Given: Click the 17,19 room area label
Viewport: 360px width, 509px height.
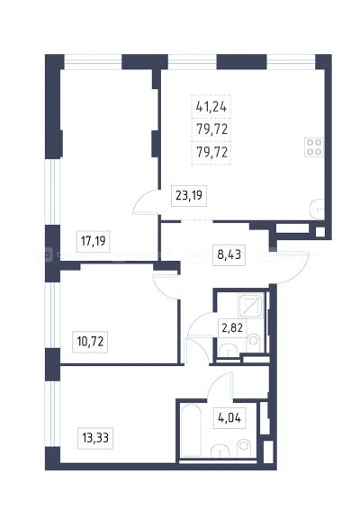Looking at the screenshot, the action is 94,241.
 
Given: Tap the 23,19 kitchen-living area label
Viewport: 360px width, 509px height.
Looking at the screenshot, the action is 189,195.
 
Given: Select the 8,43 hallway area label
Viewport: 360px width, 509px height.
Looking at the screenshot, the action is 229,254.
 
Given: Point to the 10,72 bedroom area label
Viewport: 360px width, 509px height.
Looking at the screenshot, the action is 90,342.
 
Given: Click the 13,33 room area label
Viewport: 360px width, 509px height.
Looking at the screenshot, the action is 95,438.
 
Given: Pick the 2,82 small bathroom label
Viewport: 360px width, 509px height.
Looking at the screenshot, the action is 232,327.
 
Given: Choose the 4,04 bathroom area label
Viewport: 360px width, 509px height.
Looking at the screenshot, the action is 229,418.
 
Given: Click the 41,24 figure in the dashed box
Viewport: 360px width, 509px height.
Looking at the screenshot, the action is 211,106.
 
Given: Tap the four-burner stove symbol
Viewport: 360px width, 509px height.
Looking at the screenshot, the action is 314,147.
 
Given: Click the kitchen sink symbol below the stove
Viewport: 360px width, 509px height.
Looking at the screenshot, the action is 318,209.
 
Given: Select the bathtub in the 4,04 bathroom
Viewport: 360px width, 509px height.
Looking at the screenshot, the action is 191,429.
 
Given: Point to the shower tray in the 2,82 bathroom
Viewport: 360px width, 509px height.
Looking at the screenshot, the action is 250,306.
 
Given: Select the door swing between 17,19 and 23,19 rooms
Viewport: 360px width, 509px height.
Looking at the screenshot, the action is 146,202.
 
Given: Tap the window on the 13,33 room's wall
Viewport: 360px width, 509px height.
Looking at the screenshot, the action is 52,414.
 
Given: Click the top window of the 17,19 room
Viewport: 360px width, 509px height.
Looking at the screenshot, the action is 93,62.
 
